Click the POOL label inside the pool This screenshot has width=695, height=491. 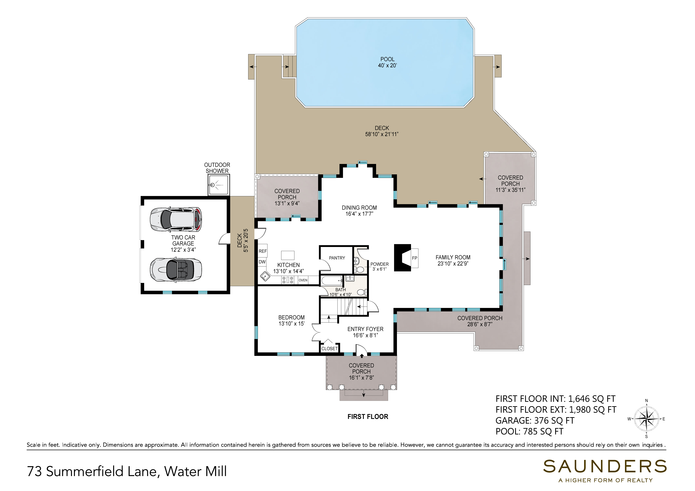click(x=387, y=59)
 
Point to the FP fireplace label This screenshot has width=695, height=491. click(x=414, y=258)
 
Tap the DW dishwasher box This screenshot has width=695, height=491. click(x=262, y=262)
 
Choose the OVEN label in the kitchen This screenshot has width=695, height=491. click(x=303, y=280)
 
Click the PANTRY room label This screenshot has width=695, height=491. click(x=337, y=258)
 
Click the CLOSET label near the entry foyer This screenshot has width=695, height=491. click(x=329, y=349)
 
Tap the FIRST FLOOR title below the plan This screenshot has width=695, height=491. click(x=368, y=417)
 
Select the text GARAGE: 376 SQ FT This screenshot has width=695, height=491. click(x=535, y=420)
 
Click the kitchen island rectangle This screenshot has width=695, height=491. click(x=288, y=255)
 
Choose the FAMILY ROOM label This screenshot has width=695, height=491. click(x=453, y=257)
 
